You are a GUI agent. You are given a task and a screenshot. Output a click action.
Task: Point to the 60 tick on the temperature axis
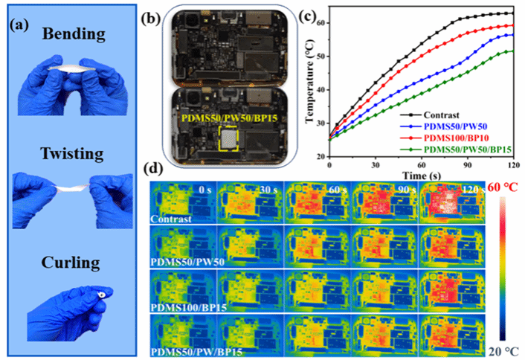[321, 23]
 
